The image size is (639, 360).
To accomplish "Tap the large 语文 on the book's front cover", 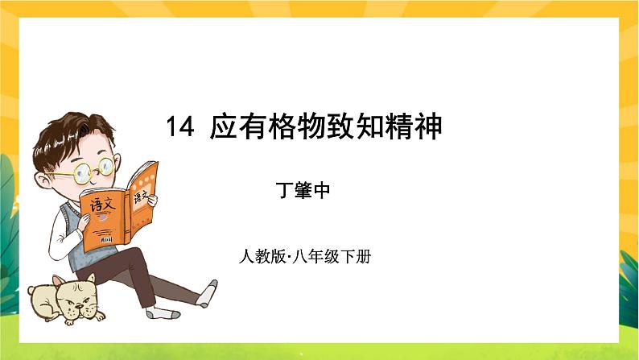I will coord(103,205).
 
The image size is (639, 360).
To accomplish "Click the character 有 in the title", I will coord(254,127).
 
